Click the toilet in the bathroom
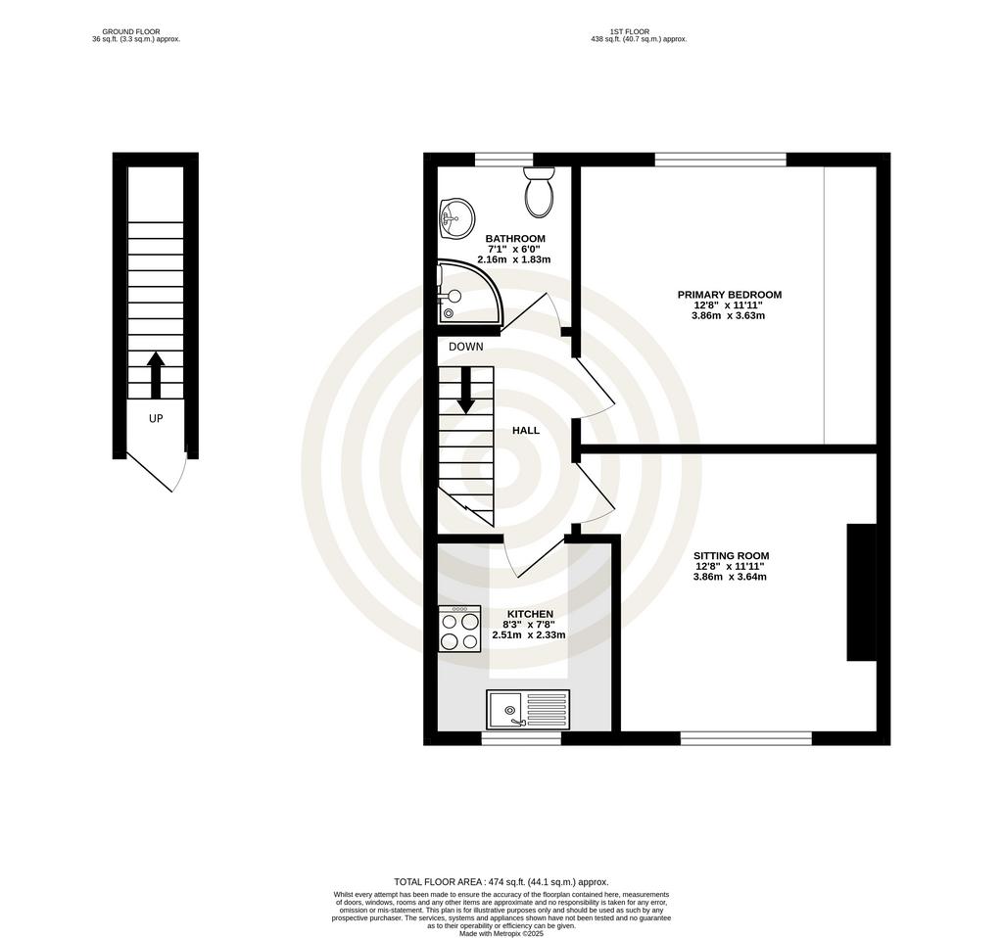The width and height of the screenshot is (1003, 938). click(x=539, y=192)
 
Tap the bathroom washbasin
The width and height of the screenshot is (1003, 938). click(x=456, y=217)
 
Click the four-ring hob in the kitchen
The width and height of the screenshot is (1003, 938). click(x=459, y=629)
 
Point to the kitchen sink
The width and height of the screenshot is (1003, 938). click(x=528, y=709)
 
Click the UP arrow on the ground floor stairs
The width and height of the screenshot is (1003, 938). click(x=156, y=375)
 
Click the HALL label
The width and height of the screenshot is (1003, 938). click(x=526, y=430)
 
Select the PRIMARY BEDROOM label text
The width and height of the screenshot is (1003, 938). click(x=729, y=295)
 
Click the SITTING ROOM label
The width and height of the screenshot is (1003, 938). click(x=731, y=555)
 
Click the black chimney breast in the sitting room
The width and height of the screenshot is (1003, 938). click(x=862, y=592)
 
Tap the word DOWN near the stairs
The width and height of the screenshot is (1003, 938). click(x=465, y=347)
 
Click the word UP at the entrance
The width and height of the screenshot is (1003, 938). click(x=156, y=418)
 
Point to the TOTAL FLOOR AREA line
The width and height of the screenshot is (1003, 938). click(x=501, y=882)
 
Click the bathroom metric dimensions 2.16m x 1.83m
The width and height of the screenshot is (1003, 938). click(x=513, y=259)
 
